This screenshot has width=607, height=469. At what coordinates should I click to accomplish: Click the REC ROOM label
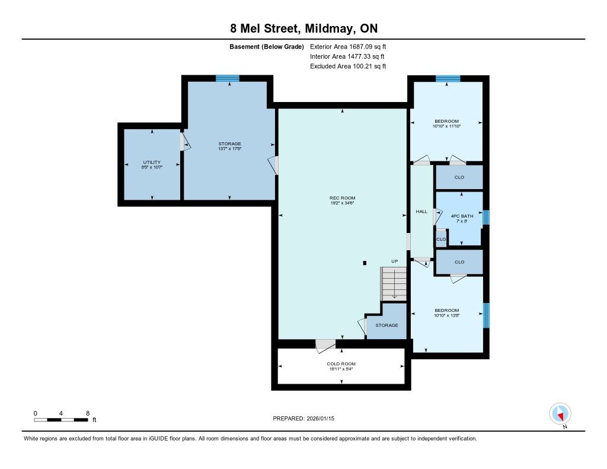coord(342,198)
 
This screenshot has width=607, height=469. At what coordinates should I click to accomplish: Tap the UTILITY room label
coord(152,162)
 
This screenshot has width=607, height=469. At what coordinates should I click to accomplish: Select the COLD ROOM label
coord(341,363)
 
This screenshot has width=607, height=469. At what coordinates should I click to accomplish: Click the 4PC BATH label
coord(462,216)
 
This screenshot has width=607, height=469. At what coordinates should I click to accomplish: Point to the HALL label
coord(421,212)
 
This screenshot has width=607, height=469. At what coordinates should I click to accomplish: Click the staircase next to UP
coord(394,284)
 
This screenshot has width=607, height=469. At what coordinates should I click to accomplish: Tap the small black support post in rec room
coord(365,263)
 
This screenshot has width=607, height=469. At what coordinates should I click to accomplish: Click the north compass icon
coord(560,414)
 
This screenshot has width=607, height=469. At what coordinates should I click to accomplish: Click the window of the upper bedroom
coord(448,79)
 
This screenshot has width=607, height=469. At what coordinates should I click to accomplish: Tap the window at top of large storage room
coord(228,78)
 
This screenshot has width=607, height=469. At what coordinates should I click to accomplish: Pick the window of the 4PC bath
coord(486,217)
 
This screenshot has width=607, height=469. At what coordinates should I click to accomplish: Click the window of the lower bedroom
coord(486,315)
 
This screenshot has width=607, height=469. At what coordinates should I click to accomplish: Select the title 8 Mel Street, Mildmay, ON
coord(304,28)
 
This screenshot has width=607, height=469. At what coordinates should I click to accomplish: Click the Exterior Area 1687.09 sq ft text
coord(348,46)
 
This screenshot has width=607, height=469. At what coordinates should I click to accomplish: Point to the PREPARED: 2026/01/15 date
coord(303,418)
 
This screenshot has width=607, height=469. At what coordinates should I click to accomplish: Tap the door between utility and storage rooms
coord(185,142)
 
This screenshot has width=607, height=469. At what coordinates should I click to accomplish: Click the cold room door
coord(325,346)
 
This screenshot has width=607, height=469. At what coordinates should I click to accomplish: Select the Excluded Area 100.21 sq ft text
coord(348,66)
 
